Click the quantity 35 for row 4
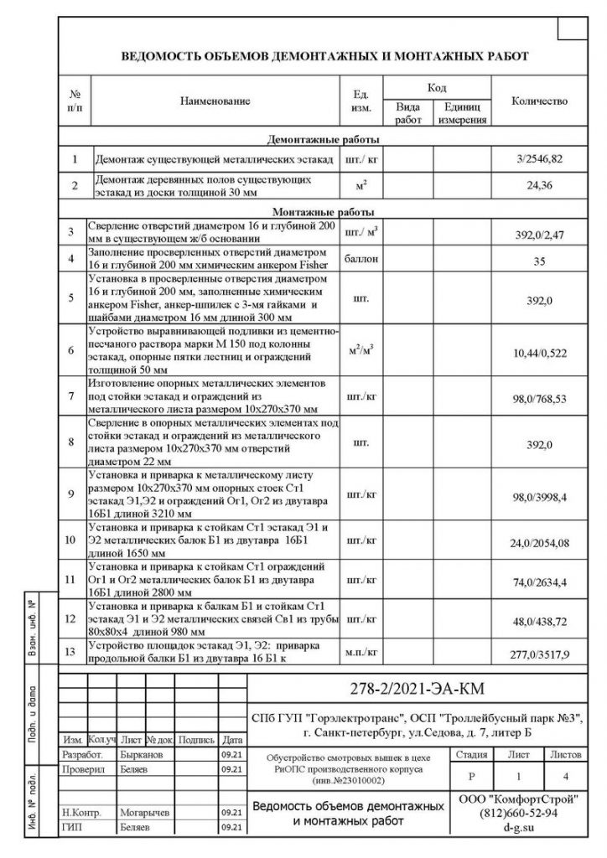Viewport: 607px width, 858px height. (539, 261)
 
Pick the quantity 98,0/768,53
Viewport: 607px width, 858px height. (539, 401)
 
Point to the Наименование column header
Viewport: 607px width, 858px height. (215, 101)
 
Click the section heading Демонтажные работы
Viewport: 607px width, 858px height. (323, 139)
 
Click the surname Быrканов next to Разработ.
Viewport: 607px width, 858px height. (133, 754)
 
